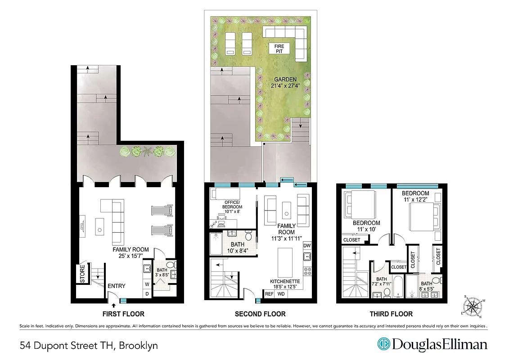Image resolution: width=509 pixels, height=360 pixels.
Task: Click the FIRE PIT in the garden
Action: click(x=277, y=49)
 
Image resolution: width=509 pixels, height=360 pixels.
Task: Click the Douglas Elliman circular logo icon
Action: click(x=383, y=344)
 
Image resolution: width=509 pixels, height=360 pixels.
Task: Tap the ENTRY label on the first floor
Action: click(x=116, y=286)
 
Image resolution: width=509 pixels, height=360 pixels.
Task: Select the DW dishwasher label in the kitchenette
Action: click(x=307, y=246)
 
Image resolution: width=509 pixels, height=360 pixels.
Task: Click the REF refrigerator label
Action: click(x=269, y=294)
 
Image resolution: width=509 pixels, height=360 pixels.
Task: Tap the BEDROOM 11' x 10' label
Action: click(x=366, y=226)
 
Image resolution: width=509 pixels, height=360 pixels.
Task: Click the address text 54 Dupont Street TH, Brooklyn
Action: click(x=89, y=346)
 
